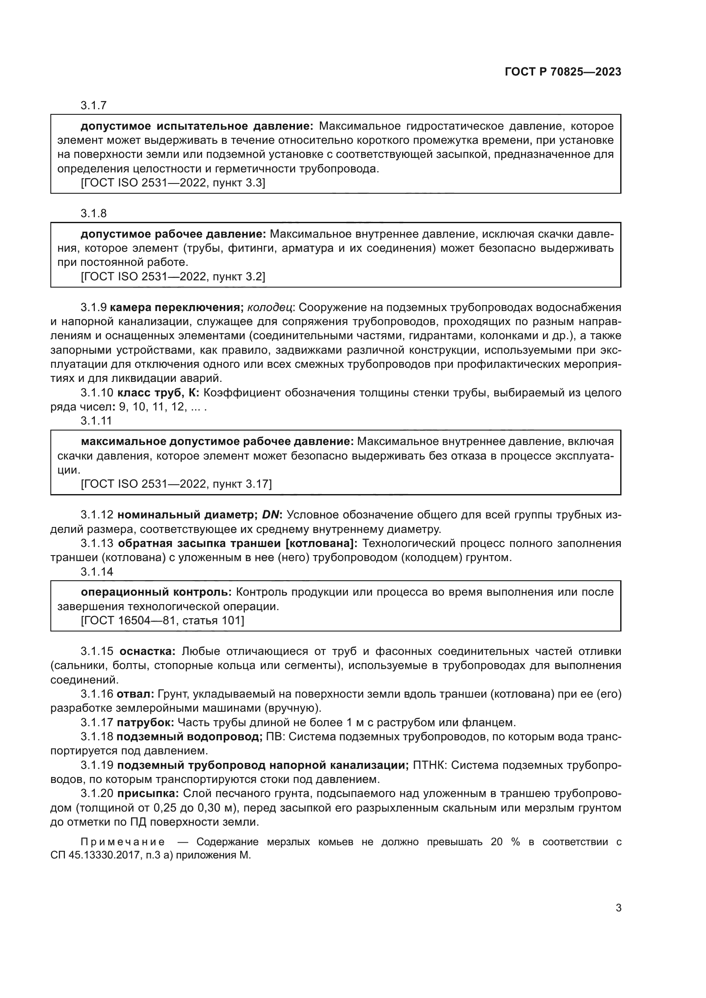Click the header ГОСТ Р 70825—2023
click(563, 72)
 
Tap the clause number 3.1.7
click(93, 105)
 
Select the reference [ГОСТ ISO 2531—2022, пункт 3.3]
click(173, 183)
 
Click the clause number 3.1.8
click(93, 213)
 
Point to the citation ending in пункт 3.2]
click(173, 277)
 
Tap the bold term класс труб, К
click(158, 393)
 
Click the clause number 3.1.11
click(96, 421)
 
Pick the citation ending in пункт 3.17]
click(176, 484)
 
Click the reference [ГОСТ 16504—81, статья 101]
click(163, 620)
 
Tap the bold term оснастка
click(147, 652)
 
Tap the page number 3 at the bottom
click(618, 908)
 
